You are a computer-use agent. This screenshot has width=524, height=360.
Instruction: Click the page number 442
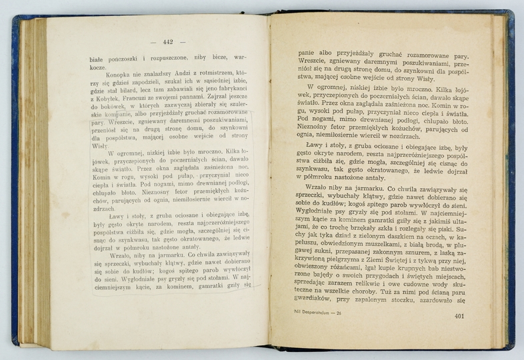(163, 43)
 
